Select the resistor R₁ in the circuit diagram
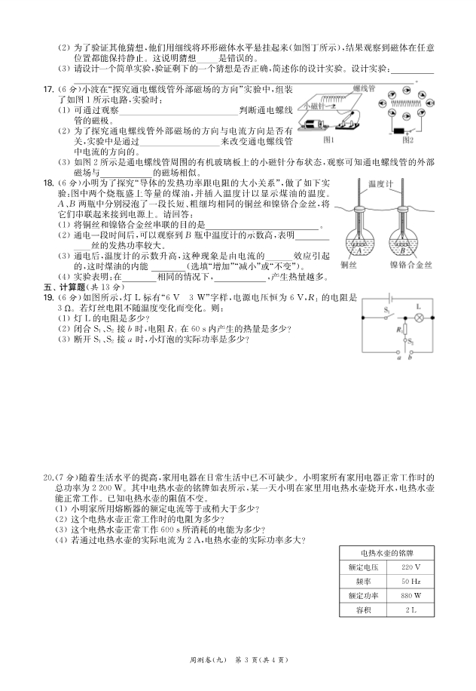[404, 329]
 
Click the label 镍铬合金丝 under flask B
[410, 266]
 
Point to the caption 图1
[328, 140]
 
